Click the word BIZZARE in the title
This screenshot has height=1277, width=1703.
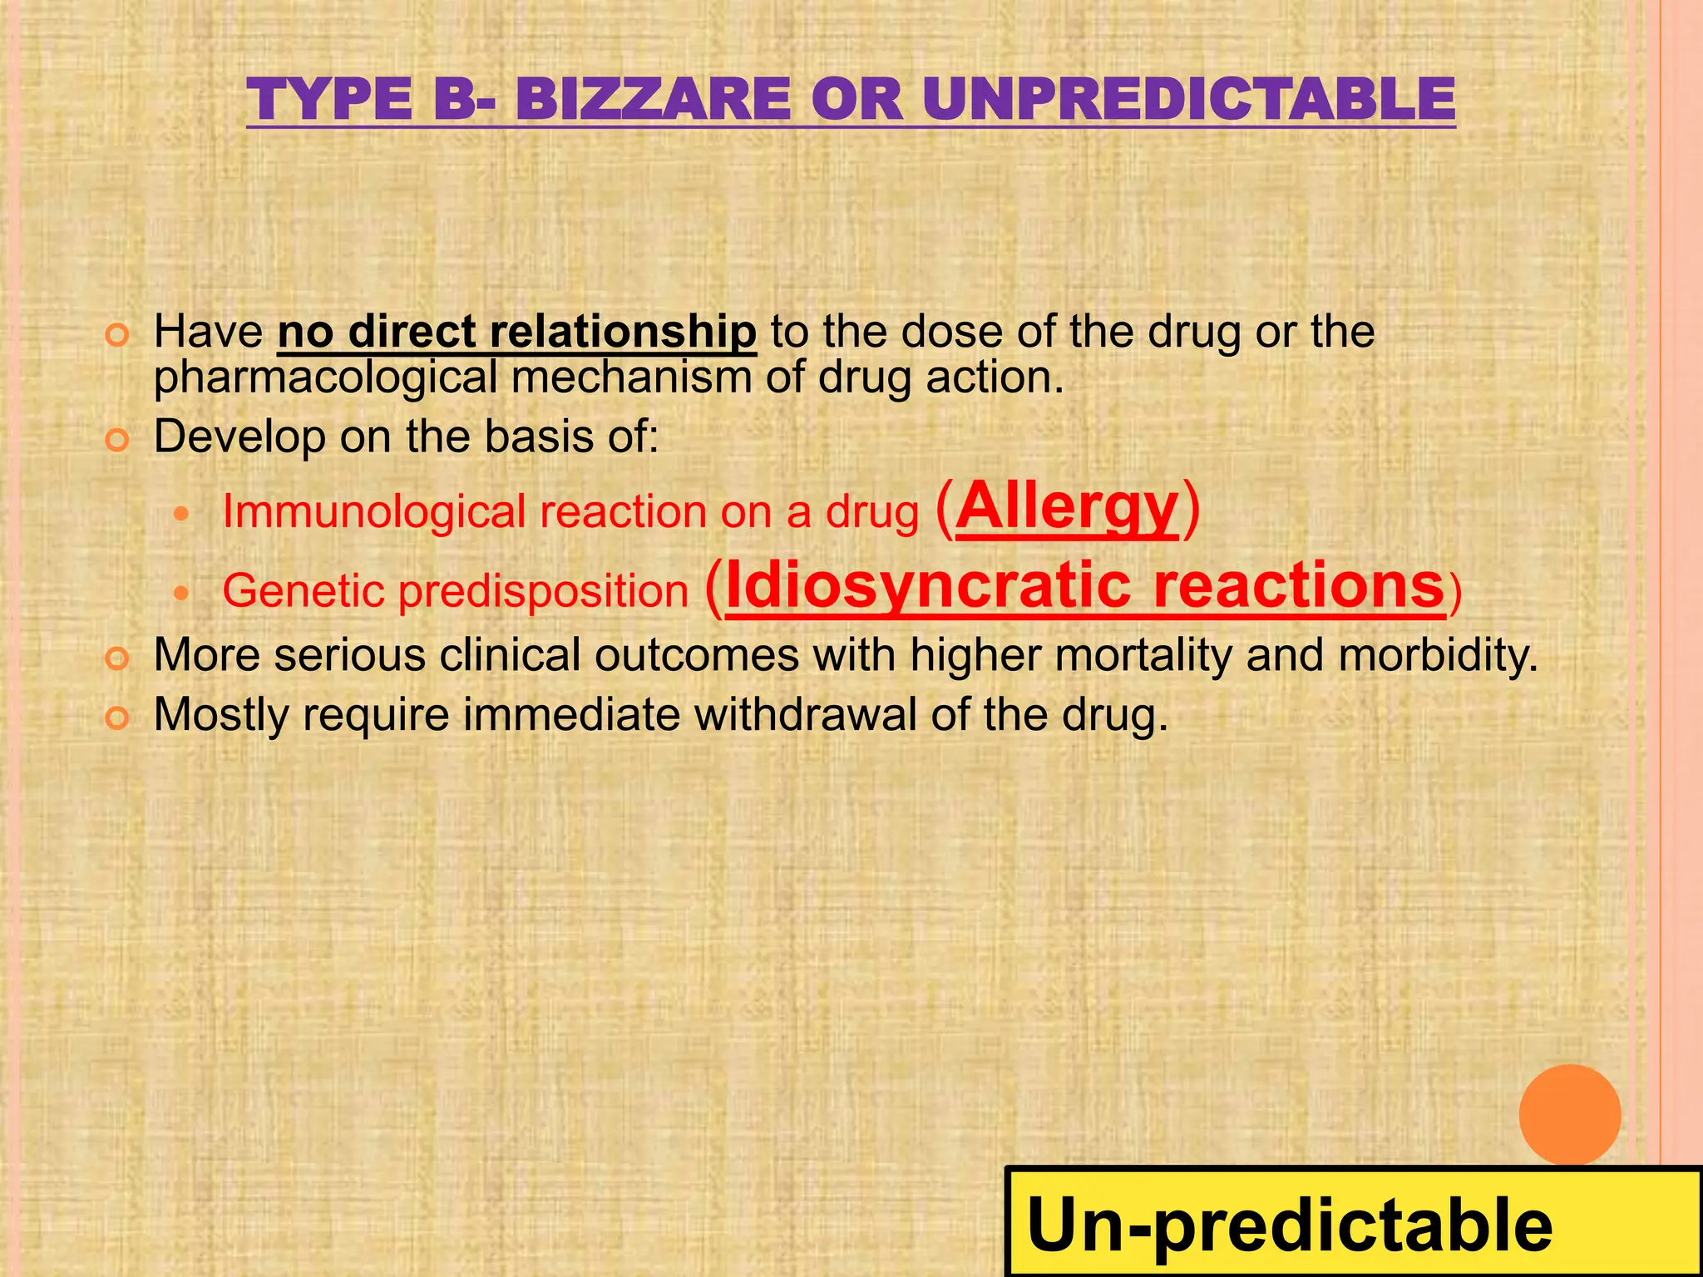tap(653, 100)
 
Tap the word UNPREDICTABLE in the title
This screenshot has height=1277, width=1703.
tap(1188, 100)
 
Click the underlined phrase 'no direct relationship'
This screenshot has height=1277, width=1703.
tap(516, 332)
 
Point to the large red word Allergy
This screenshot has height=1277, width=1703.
tap(1068, 506)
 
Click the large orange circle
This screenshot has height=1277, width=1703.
tap(1569, 1115)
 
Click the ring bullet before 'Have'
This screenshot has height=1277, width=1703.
tap(117, 336)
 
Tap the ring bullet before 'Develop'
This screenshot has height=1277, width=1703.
tap(117, 440)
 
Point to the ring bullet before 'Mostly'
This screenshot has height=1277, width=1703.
tap(117, 717)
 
